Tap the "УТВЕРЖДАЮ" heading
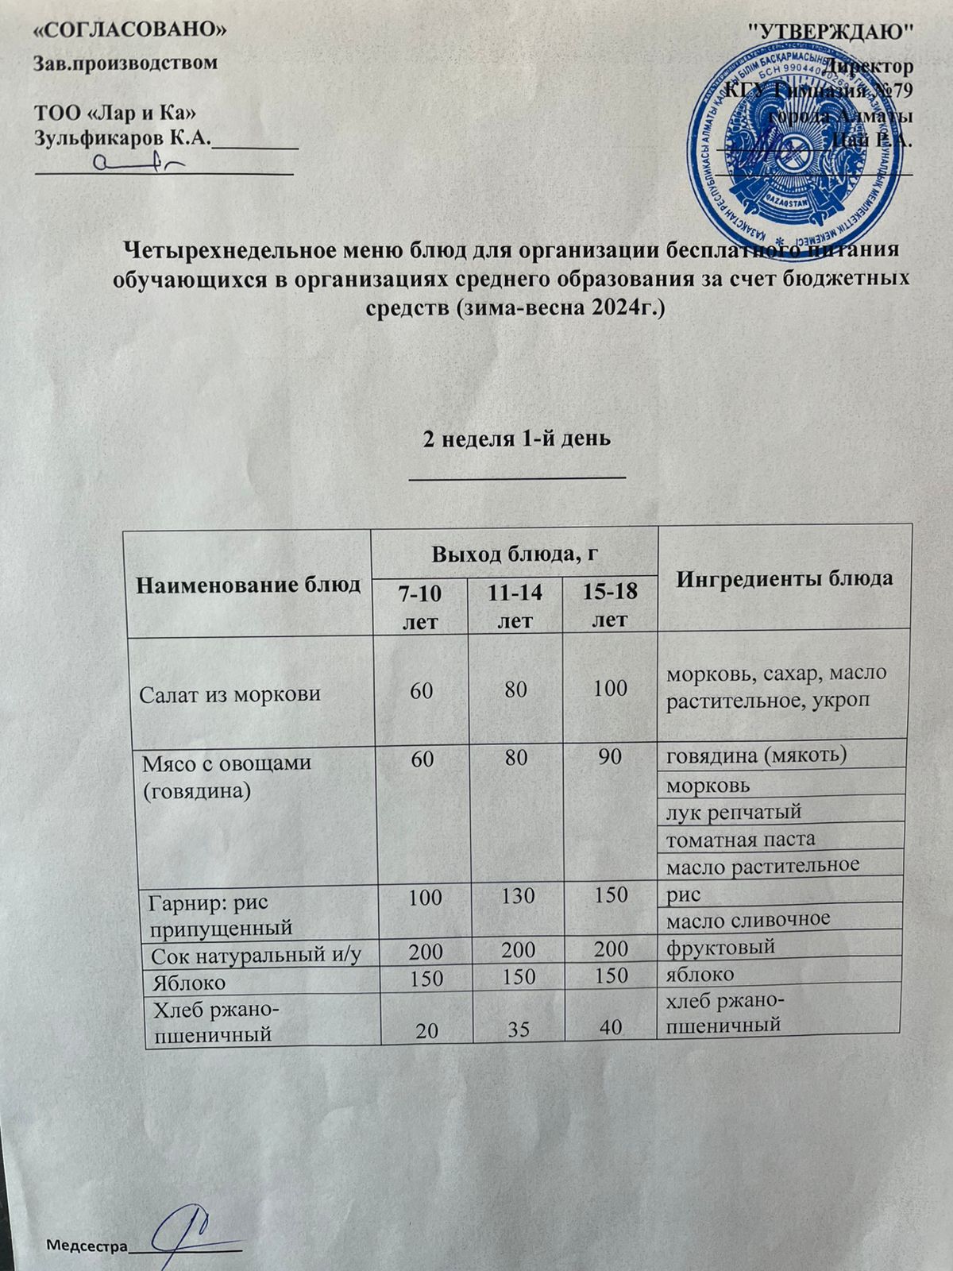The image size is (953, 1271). point(831,32)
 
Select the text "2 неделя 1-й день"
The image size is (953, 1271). point(516,438)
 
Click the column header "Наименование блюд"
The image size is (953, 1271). point(249,585)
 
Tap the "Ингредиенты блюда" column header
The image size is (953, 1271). point(784,578)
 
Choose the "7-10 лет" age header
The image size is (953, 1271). point(421,606)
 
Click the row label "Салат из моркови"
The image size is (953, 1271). point(230,693)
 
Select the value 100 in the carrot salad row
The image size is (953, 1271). point(610,688)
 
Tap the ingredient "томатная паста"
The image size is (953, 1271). point(740,839)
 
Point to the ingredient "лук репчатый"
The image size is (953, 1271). point(733,812)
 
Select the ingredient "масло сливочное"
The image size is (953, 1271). point(747,919)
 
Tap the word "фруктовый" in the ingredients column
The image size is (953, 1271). point(720,947)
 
